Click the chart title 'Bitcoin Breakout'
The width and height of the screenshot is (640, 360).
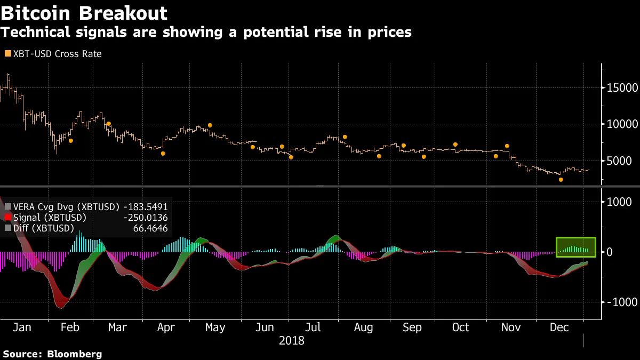84,13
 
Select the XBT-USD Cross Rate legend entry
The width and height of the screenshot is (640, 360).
53,54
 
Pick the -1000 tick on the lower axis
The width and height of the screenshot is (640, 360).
620,302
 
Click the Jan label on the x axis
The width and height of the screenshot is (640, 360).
22,327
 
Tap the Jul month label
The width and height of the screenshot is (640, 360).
313,327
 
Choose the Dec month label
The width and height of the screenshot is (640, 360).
559,327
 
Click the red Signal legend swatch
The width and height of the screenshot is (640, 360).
7,218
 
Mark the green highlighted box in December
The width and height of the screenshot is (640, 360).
575,247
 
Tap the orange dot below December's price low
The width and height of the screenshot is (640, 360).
561,180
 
